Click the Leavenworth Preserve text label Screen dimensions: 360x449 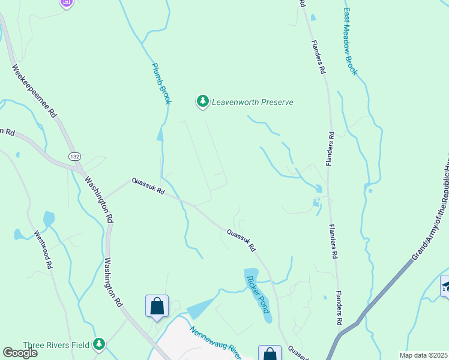[252, 102]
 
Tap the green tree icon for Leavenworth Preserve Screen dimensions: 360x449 [203, 102]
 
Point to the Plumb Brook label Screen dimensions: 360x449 [161, 84]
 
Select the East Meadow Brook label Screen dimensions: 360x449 [351, 41]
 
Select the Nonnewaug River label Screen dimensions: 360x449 [215, 344]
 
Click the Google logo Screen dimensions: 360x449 [20, 353]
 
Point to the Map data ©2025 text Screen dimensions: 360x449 [424, 355]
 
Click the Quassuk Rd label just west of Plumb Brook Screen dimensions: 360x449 [148, 187]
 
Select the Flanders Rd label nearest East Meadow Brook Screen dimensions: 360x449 [318, 56]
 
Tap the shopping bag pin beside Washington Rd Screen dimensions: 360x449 [157, 305]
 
